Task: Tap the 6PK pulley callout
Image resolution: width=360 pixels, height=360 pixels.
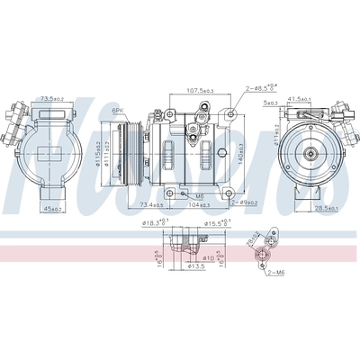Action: (117, 110)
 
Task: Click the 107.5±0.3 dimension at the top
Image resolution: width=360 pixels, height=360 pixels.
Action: (203, 91)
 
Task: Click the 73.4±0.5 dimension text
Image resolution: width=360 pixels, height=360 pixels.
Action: (153, 206)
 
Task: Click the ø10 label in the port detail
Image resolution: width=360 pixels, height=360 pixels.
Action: (198, 257)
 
